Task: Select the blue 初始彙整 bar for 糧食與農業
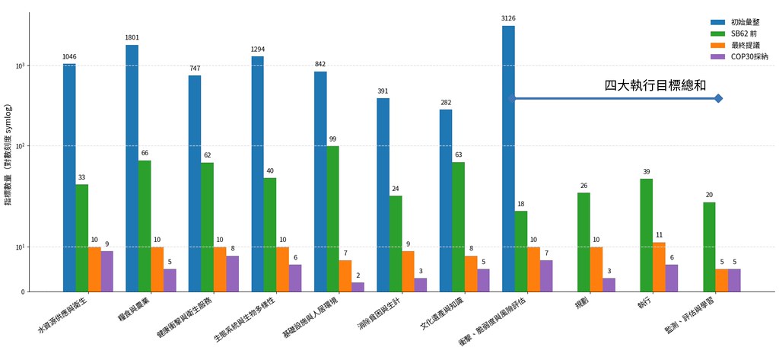point(132,167)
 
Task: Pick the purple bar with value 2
point(358,287)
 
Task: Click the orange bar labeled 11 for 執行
point(658,266)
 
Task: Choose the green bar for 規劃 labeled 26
point(583,242)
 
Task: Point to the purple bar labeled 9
point(107,271)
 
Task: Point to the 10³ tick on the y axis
point(21,66)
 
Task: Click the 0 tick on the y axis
point(24,292)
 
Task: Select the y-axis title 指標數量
point(8,155)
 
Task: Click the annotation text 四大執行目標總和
point(655,85)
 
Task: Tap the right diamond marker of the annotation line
point(718,98)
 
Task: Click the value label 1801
point(132,37)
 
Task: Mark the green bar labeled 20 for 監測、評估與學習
point(709,247)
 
